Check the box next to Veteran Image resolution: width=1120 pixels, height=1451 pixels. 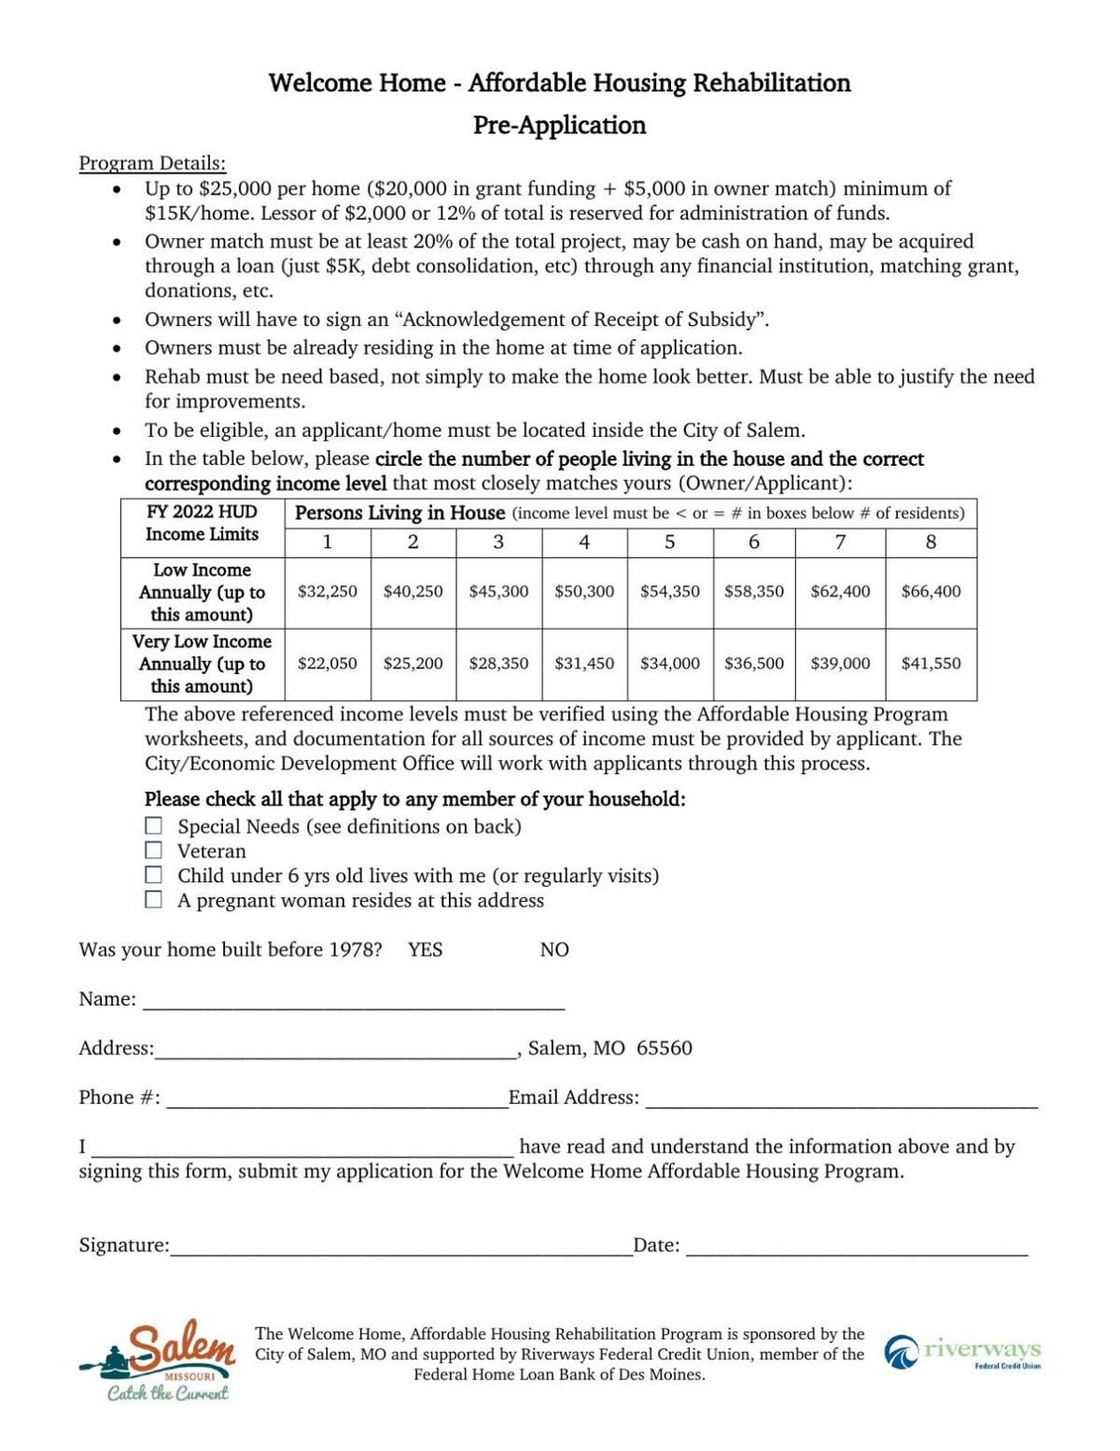pyautogui.click(x=153, y=851)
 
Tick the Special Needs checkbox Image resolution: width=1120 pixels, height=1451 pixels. pyautogui.click(x=153, y=826)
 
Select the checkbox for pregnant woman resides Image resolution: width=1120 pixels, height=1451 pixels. pyautogui.click(x=153, y=900)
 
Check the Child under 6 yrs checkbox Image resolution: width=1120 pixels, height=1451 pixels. pyautogui.click(x=153, y=876)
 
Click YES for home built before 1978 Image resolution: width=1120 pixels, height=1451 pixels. pyautogui.click(x=425, y=950)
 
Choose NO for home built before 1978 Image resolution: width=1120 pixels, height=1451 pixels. pyautogui.click(x=553, y=950)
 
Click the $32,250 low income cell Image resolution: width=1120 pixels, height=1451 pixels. pyautogui.click(x=327, y=591)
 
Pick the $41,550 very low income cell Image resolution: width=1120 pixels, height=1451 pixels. pyautogui.click(x=931, y=663)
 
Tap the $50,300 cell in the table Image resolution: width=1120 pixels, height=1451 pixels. pyautogui.click(x=584, y=591)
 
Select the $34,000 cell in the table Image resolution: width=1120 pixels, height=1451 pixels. pyautogui.click(x=669, y=663)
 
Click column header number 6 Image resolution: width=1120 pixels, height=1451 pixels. pyautogui.click(x=754, y=542)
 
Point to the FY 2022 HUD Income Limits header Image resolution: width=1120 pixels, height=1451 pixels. pyautogui.click(x=202, y=523)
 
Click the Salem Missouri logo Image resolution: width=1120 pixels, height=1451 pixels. pyautogui.click(x=157, y=1359)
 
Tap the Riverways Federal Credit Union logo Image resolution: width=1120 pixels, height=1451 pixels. pyautogui.click(x=962, y=1352)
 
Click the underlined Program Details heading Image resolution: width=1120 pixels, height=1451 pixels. pyautogui.click(x=152, y=163)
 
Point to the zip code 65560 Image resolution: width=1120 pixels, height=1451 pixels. pyautogui.click(x=665, y=1048)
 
